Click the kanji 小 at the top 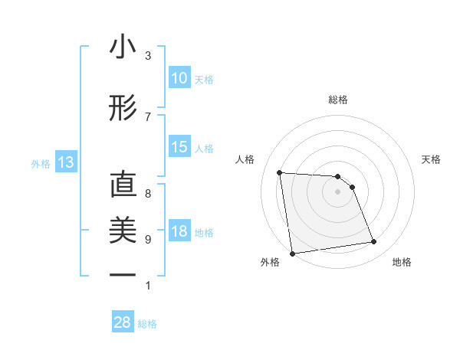(123, 47)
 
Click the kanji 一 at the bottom (123, 273)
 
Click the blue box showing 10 (179, 78)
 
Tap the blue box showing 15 (179, 148)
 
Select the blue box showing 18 (179, 232)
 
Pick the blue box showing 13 (65, 162)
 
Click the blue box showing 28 (123, 322)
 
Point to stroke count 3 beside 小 (148, 56)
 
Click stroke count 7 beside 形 (148, 116)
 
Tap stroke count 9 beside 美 (148, 239)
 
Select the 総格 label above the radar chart (337, 100)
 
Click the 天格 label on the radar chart (431, 159)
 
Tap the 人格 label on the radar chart (245, 159)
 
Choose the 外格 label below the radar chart (270, 262)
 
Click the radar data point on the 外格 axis (291, 253)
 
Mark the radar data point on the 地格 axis (374, 242)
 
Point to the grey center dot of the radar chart (337, 191)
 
